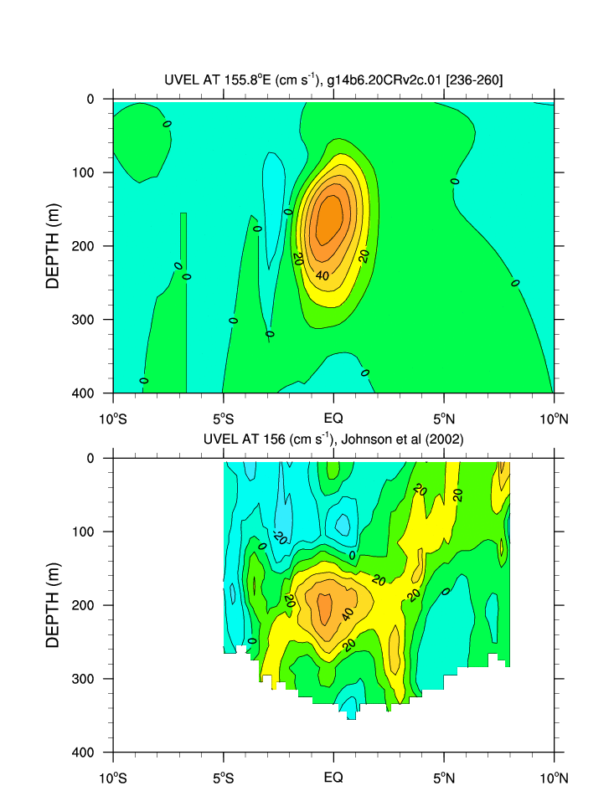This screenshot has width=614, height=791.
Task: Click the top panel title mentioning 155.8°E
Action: [x=334, y=80]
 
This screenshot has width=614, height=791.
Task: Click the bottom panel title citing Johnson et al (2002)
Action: [x=334, y=439]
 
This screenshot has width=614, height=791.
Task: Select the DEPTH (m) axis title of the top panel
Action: [x=54, y=245]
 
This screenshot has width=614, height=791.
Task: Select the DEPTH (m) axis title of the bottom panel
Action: [x=54, y=604]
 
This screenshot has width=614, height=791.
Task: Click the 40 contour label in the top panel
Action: [x=322, y=275]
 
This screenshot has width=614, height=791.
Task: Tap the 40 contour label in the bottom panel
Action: [x=348, y=613]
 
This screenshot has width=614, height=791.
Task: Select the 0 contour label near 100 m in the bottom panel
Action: [x=353, y=555]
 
